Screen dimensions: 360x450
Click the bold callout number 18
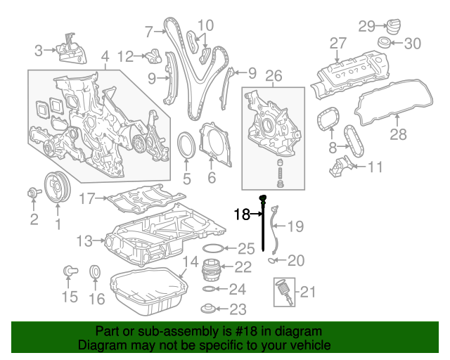(242, 214)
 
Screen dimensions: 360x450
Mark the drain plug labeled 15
(70, 271)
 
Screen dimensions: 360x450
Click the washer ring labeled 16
(95, 272)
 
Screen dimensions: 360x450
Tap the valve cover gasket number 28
(399, 134)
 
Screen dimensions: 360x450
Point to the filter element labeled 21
(282, 290)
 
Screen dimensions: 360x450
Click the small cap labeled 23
(208, 308)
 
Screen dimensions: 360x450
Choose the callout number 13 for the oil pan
(85, 241)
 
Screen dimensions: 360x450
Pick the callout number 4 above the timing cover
(105, 56)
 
